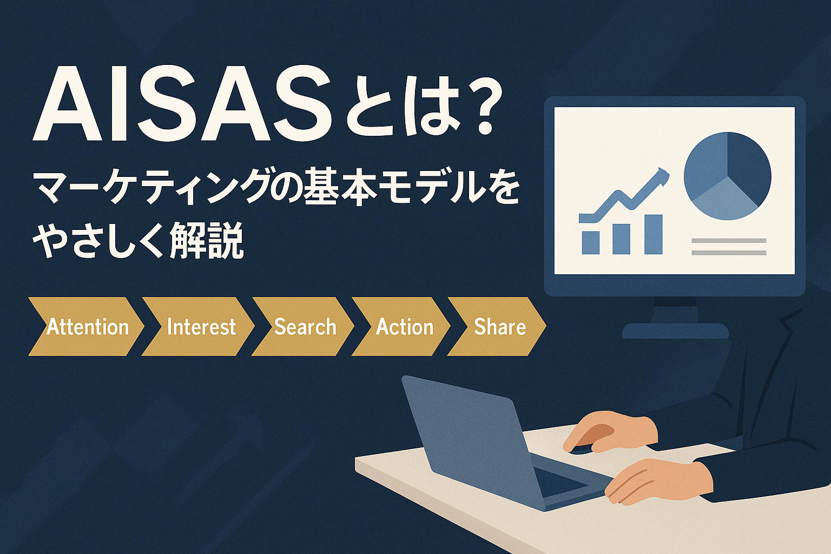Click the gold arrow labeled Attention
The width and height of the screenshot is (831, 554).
tap(86, 327)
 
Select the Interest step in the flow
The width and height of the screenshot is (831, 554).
tap(199, 327)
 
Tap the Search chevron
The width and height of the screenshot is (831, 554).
tap(303, 327)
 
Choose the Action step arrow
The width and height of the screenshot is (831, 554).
tap(401, 327)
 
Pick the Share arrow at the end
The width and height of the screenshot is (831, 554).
tap(497, 327)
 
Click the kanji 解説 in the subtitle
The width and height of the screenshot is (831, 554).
tap(206, 240)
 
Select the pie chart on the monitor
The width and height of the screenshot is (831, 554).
tap(728, 176)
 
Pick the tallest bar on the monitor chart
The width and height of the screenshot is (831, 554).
tap(654, 234)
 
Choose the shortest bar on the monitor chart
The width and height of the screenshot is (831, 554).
tap(591, 243)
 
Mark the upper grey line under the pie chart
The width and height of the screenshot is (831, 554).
tap(729, 241)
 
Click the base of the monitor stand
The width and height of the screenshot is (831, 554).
tap(675, 331)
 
